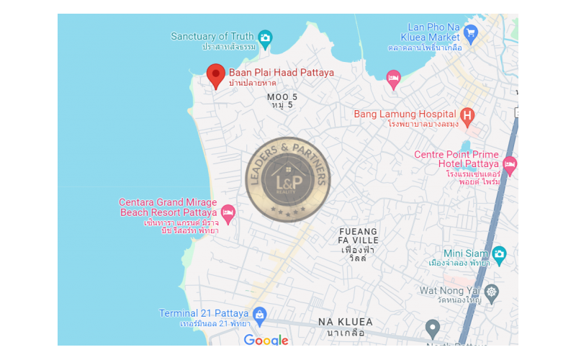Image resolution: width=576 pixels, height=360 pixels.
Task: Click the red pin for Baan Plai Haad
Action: (x=215, y=75)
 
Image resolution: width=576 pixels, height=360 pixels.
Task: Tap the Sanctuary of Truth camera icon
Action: (x=265, y=37)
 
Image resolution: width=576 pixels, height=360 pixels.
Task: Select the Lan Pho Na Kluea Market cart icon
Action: (x=471, y=32)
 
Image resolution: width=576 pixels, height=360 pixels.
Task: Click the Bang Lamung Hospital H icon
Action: (x=467, y=114)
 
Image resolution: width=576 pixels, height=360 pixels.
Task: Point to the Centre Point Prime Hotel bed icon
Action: (x=510, y=164)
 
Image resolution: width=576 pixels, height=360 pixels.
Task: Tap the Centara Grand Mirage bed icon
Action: (x=228, y=212)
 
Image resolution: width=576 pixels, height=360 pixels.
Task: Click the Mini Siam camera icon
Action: (x=499, y=253)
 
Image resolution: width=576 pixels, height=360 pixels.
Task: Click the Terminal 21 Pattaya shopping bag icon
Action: (x=260, y=314)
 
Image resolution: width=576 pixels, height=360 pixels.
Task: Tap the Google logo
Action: (x=266, y=340)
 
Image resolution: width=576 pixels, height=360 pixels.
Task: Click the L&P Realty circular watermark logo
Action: (x=287, y=179)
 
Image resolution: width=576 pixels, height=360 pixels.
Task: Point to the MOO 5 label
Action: (x=282, y=96)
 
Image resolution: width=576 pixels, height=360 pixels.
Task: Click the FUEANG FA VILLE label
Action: (x=358, y=235)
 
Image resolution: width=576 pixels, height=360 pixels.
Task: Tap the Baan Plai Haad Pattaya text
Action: (x=282, y=73)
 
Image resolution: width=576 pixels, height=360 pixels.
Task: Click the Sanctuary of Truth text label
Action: (x=212, y=37)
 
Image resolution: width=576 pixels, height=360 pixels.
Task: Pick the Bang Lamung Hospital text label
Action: (x=405, y=114)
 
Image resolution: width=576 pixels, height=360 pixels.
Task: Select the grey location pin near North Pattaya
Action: (x=432, y=328)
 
